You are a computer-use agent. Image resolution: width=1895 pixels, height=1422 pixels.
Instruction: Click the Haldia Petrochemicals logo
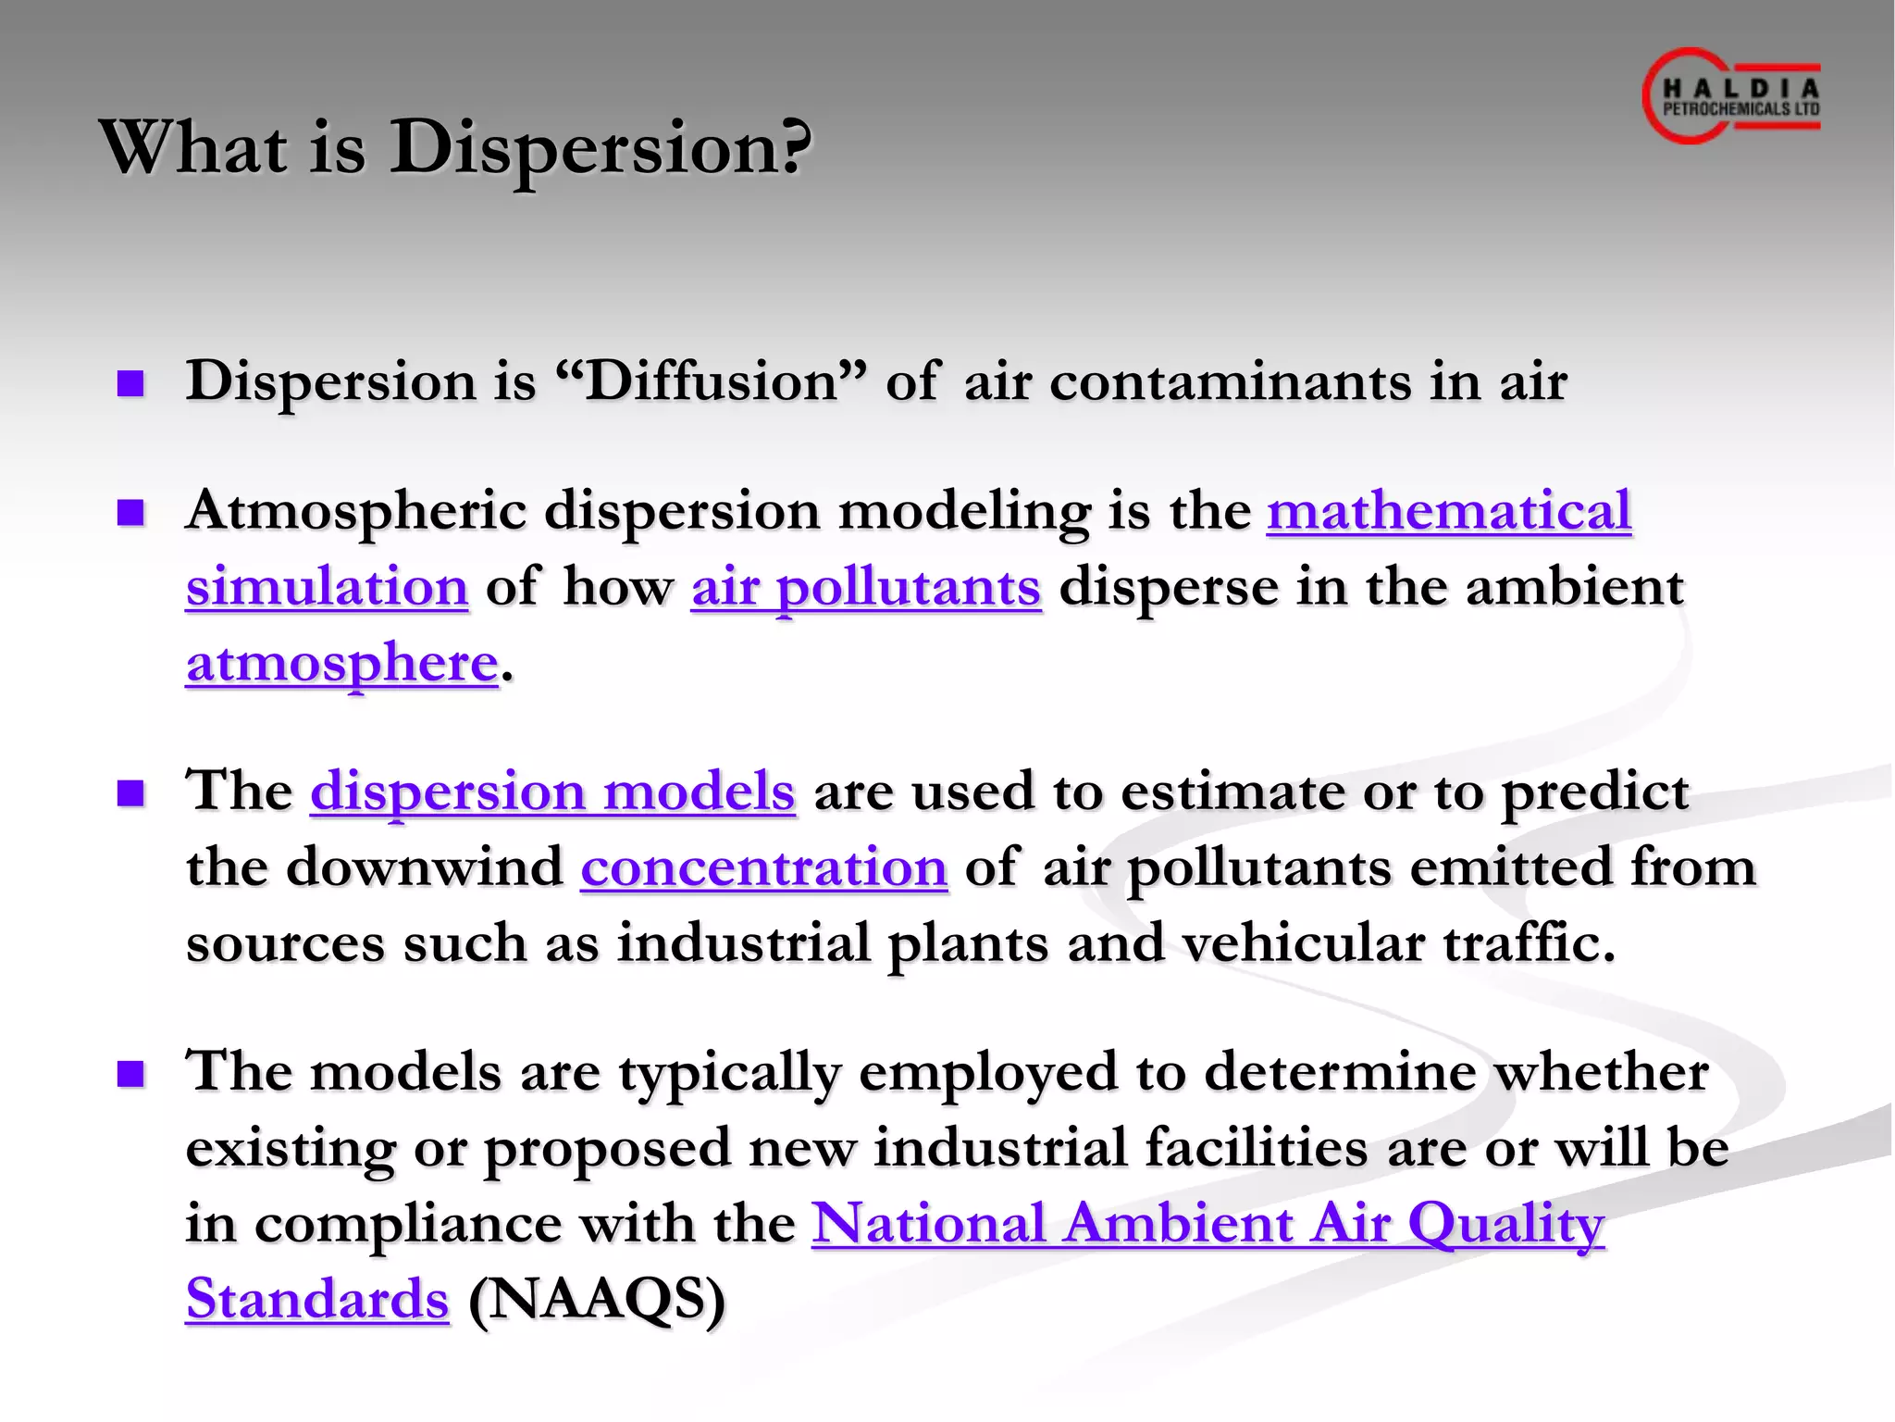coord(1731,96)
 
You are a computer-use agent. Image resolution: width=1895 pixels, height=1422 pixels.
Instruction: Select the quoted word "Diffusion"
coord(712,381)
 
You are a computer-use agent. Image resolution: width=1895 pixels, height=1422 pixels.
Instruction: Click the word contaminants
coord(1231,381)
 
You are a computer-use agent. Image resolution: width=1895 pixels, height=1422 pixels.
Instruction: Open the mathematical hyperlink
coord(1448,511)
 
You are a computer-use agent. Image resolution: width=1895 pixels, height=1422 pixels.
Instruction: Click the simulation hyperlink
coord(327,588)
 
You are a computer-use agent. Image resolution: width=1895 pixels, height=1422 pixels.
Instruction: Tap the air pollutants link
coord(866,588)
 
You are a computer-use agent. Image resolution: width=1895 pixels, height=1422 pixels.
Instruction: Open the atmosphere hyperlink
coord(342,664)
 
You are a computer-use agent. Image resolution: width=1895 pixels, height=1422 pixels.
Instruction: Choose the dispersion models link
coord(552,792)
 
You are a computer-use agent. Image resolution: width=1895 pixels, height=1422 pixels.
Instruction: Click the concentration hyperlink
coord(763,868)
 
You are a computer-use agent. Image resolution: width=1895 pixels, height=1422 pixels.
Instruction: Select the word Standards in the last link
coord(317,1299)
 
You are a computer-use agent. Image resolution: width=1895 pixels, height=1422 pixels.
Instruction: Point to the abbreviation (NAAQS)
coord(597,1299)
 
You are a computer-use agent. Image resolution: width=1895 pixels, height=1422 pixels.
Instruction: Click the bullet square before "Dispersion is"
coord(131,383)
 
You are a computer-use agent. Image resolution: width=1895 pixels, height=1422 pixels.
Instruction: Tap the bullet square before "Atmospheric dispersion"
coord(131,512)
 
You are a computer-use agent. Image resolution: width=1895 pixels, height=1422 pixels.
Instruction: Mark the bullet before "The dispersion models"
coord(131,793)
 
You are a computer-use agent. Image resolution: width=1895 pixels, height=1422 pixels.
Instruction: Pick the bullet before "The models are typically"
coord(131,1074)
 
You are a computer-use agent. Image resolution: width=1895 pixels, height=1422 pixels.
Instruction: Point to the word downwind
coord(425,868)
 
